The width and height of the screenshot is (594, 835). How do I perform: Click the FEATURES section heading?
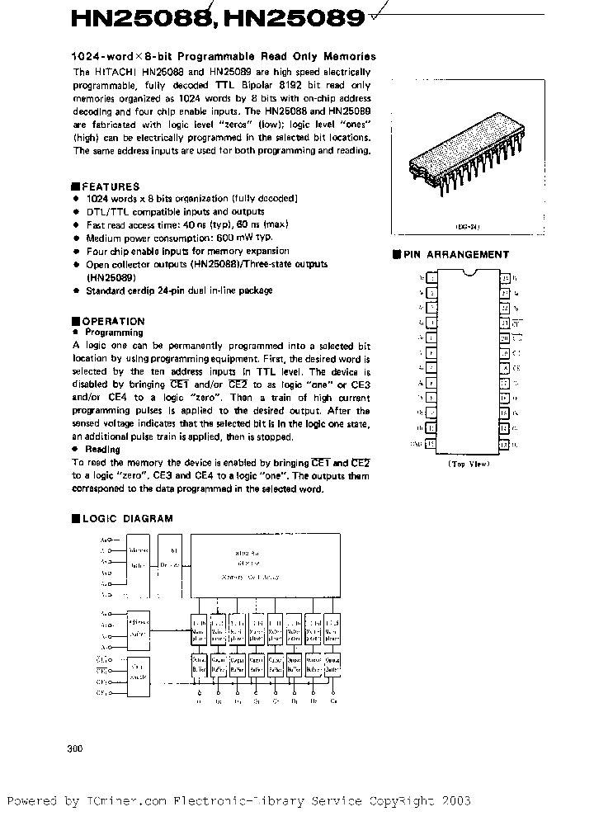point(111,186)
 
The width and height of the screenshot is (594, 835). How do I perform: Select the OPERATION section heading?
point(114,321)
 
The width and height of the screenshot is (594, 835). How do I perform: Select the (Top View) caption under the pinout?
point(468,464)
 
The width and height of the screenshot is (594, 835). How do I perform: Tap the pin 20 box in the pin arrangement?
point(505,337)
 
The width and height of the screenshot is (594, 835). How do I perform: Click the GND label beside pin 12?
point(415,443)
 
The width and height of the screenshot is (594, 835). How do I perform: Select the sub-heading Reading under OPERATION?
point(103,450)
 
